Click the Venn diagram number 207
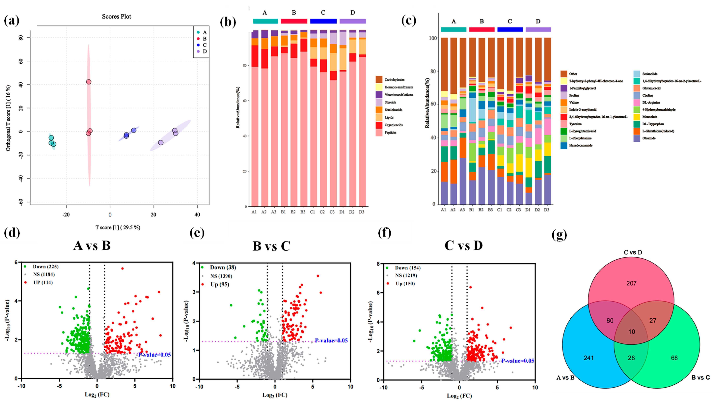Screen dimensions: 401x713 click(631, 283)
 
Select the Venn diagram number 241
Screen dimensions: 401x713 click(589, 358)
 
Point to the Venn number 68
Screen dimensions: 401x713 click(674, 358)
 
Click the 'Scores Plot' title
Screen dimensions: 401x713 click(117, 17)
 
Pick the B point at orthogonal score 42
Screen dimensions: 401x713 click(89, 82)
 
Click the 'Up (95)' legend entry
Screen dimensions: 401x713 click(219, 284)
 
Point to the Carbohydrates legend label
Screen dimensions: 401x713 click(394, 80)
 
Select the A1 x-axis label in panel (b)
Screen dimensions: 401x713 click(254, 212)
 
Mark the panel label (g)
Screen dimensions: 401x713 click(559, 235)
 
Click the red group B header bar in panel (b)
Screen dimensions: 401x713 click(294, 21)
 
